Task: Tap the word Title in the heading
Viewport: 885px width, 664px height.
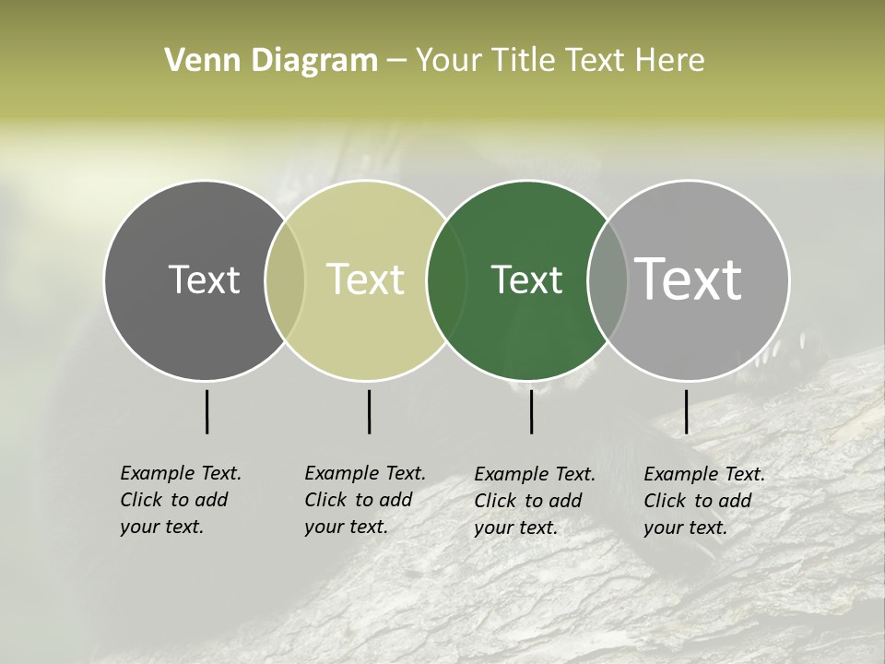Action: coord(524,61)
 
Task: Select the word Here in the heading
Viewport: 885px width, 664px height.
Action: coord(670,61)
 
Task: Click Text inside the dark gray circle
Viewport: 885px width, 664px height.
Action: coord(204,279)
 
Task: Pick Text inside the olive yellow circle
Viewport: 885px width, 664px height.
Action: coord(366,279)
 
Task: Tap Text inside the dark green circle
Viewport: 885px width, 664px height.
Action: coord(526,279)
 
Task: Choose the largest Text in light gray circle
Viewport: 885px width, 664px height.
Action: coord(689,279)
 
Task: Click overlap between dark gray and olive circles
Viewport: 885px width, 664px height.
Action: coord(285,279)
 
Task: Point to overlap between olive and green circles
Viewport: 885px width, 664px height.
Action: coord(447,279)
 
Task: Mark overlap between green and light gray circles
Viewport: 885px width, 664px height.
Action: coord(608,279)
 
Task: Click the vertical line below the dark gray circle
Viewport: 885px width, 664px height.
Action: coord(207,411)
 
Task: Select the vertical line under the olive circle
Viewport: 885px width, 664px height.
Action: coord(369,411)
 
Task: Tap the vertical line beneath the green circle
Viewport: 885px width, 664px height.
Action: coord(532,411)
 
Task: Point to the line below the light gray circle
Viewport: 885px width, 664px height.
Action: coord(687,411)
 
